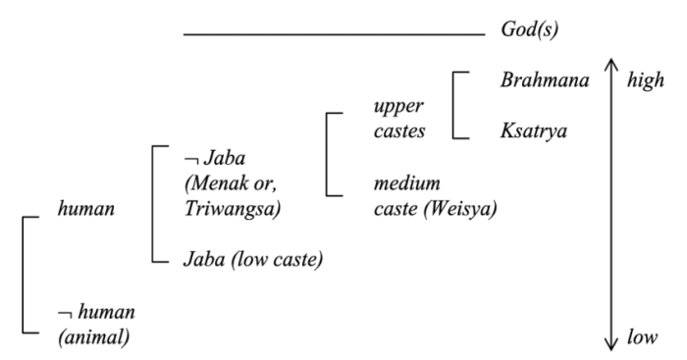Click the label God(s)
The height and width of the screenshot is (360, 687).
tap(530, 32)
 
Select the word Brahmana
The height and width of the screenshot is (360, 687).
tap(544, 79)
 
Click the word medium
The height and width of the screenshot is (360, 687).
tap(406, 182)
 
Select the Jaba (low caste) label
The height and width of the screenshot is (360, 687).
tap(253, 260)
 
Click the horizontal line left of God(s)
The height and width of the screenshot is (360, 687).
tap(334, 34)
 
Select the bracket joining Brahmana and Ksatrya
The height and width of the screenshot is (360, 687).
tap(454, 104)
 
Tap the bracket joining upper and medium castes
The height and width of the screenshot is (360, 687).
tap(326, 154)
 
